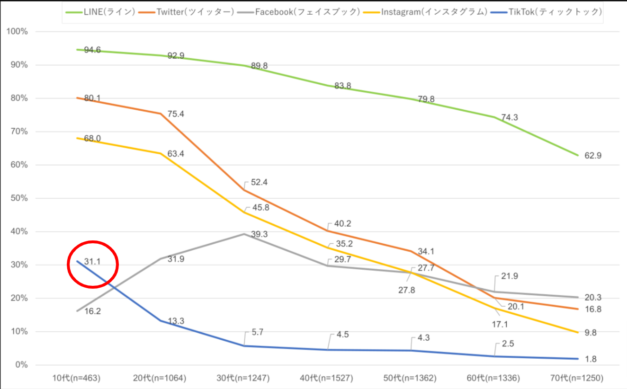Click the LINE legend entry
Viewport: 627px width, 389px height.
(99, 12)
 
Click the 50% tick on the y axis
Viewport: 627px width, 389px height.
(19, 198)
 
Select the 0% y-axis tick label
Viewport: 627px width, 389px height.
(21, 365)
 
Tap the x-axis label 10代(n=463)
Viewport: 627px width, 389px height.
(77, 378)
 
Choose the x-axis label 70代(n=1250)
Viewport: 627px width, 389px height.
(574, 378)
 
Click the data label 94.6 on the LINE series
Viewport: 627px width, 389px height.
(92, 50)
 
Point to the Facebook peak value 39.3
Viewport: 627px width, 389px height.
(259, 234)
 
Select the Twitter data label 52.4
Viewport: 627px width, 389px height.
(259, 182)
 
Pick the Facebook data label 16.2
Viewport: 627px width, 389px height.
(93, 311)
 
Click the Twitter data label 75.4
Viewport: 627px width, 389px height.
(175, 115)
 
